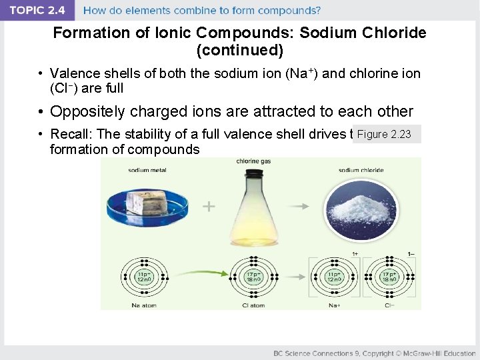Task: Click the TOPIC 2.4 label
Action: pyautogui.click(x=36, y=10)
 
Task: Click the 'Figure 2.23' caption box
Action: pyautogui.click(x=385, y=135)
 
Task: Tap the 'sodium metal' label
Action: pyautogui.click(x=147, y=170)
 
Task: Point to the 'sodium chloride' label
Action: pyautogui.click(x=361, y=170)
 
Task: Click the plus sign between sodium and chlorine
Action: pyautogui.click(x=209, y=207)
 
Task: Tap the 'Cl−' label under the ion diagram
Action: pyautogui.click(x=388, y=305)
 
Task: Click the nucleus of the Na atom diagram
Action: pyautogui.click(x=143, y=277)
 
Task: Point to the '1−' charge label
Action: pyautogui.click(x=411, y=254)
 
